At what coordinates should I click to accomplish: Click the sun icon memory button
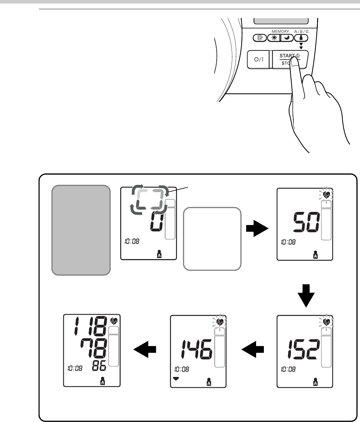(x=273, y=38)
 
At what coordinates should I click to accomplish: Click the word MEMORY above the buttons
(x=281, y=32)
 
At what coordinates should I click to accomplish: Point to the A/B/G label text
(x=301, y=32)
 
